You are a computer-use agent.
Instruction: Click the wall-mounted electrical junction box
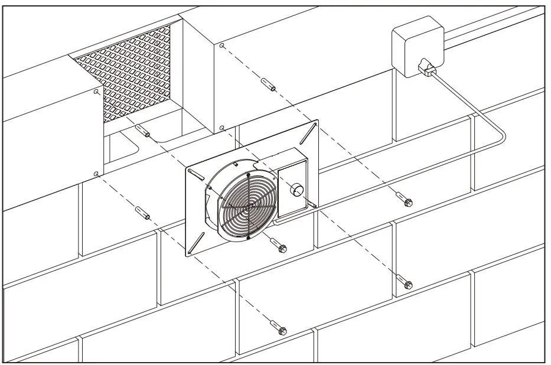(417, 46)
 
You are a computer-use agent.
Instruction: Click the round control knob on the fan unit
(296, 190)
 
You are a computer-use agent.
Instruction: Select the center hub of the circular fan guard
(250, 206)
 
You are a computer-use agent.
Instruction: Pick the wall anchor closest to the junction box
(268, 84)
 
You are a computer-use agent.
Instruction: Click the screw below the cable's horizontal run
(405, 200)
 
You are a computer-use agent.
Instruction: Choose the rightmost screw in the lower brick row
(405, 282)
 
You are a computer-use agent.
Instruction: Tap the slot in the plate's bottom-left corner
(196, 243)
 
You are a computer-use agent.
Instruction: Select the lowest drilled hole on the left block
(96, 174)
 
